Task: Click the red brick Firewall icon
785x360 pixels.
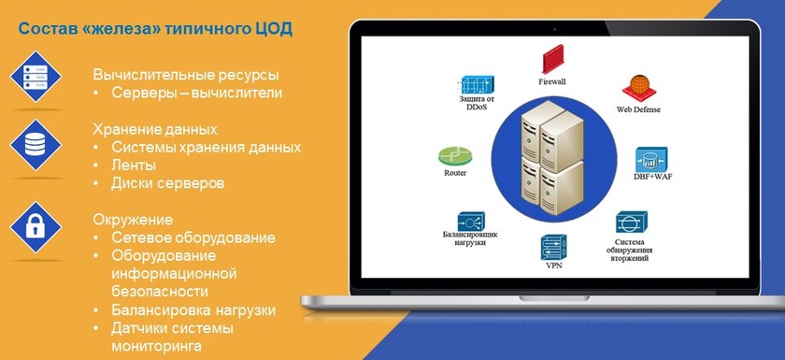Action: pos(552,59)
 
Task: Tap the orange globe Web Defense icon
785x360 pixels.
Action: pos(639,89)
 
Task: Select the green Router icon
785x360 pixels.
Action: pos(455,157)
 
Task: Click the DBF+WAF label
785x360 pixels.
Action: pos(652,177)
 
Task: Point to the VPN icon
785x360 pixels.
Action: pos(553,248)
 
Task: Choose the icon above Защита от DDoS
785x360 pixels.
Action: pos(478,86)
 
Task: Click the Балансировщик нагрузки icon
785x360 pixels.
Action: pos(471,221)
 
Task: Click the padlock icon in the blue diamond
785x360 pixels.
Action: pos(36,227)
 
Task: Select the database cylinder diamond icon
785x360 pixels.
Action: pos(36,145)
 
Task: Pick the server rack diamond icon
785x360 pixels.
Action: pos(36,77)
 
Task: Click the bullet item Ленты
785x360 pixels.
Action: pos(134,166)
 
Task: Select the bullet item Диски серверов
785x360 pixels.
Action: pos(167,183)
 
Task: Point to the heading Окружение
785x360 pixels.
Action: pos(133,220)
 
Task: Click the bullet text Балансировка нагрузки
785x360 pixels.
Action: pos(193,310)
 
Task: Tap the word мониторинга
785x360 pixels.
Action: pos(157,346)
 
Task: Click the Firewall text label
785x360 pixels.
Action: pos(552,81)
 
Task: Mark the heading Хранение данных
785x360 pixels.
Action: pos(155,129)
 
